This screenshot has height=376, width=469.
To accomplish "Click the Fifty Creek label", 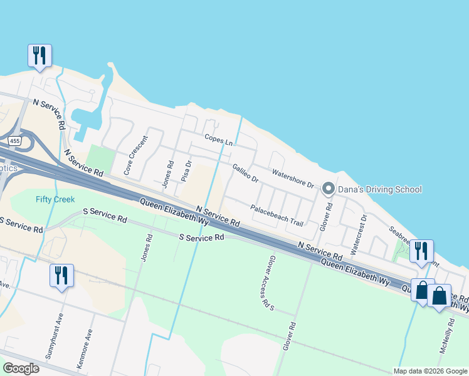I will point(55,199).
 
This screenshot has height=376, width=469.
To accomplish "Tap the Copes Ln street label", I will point(218,140).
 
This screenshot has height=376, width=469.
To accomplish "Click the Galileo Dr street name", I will point(245,173).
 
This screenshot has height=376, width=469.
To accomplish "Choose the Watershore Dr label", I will point(292,178).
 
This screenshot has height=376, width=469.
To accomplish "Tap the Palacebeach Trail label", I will point(277,216).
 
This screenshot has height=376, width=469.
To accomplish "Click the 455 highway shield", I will point(14,142).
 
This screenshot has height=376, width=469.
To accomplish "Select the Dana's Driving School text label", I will point(381,189).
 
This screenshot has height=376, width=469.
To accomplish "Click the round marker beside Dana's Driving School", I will point(327,189).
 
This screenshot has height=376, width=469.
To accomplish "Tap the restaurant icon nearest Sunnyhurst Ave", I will point(61,276).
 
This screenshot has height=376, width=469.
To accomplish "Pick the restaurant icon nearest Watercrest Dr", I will point(421,251).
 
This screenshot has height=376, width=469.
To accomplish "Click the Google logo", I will point(21,368).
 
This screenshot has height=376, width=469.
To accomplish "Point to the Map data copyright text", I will point(430,371).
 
